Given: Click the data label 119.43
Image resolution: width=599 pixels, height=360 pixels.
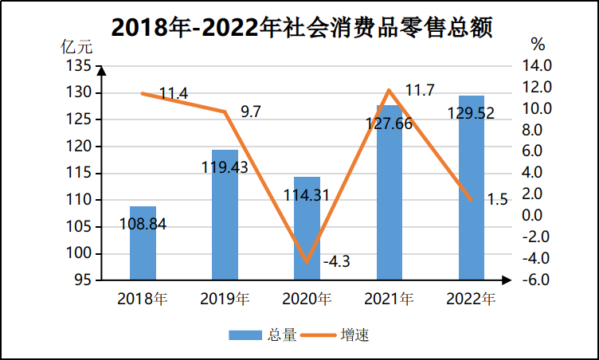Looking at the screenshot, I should [224, 167].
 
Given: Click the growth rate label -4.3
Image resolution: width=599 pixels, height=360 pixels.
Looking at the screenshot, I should [337, 260].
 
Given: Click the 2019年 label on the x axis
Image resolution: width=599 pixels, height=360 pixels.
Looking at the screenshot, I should [225, 300].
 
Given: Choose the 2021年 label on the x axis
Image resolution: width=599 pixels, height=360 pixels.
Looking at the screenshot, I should [389, 300].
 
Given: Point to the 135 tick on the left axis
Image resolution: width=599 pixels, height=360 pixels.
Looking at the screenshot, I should [79, 66].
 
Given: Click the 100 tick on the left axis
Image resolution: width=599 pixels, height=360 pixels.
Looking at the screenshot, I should [79, 253].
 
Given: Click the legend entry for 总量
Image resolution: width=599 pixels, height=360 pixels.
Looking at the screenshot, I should [263, 335].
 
